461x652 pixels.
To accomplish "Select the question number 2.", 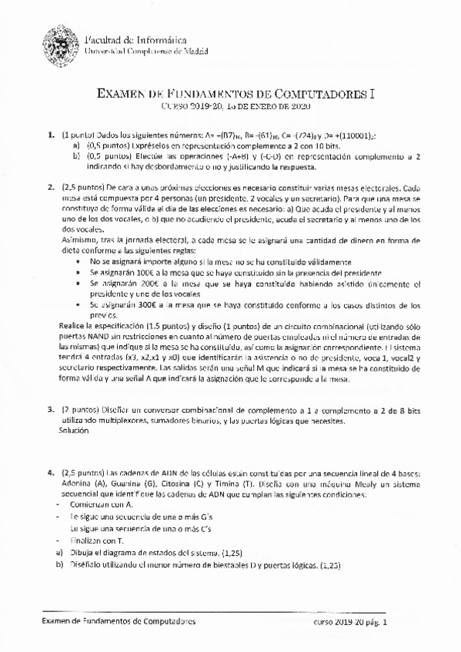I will (x=51, y=188).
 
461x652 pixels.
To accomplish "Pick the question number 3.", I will (x=51, y=409).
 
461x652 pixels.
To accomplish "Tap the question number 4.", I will (x=51, y=472).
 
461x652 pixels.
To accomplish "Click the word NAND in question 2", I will (x=95, y=336).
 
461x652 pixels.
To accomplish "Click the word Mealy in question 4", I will (x=358, y=483).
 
